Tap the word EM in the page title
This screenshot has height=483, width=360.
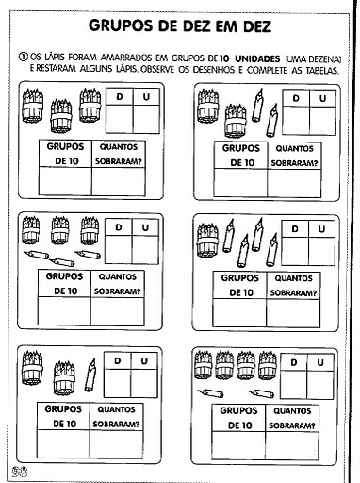[225, 26]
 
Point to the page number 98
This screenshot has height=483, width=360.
[20, 472]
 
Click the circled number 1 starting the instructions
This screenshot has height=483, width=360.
[23, 58]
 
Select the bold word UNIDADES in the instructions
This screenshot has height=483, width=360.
[257, 58]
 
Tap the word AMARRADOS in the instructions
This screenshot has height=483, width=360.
[126, 58]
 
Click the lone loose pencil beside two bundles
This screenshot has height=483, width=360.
[90, 375]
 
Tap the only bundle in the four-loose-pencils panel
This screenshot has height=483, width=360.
[207, 240]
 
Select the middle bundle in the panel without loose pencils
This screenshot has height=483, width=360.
[61, 116]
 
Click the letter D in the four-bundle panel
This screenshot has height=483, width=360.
[294, 362]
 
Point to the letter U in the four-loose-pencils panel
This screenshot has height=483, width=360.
[321, 229]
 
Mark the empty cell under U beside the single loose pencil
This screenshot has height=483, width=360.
[144, 383]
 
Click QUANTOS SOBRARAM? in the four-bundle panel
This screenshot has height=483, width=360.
[292, 418]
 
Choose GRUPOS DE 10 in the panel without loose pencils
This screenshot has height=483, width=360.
[65, 154]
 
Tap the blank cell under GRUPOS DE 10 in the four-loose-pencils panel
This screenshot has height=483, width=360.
[239, 313]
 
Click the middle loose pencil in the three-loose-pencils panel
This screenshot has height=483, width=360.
[61, 261]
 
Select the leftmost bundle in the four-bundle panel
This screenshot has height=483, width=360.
[203, 365]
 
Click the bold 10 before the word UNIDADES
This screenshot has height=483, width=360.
[224, 58]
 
